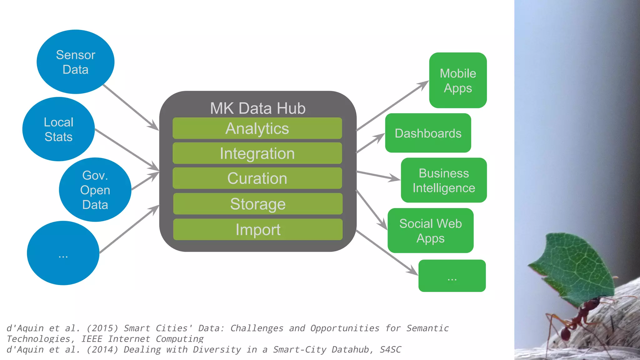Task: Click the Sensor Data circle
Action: [x=75, y=62]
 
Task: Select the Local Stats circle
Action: [x=58, y=129]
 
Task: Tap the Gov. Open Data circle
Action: [x=95, y=190]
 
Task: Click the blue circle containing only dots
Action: [x=63, y=253]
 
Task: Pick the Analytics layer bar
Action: [x=257, y=128]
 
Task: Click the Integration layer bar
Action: [x=257, y=153]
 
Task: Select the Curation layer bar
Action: [x=257, y=178]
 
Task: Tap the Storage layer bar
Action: [x=258, y=204]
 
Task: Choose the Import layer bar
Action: [x=258, y=229]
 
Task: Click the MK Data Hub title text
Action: [x=258, y=108]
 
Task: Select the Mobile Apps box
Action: [x=458, y=80]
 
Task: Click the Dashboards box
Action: [x=428, y=133]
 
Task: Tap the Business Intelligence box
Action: [x=444, y=180]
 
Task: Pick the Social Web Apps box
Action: [x=430, y=231]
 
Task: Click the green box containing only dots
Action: [x=452, y=276]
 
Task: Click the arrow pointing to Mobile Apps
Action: [x=392, y=106]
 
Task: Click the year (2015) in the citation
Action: [x=102, y=328]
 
